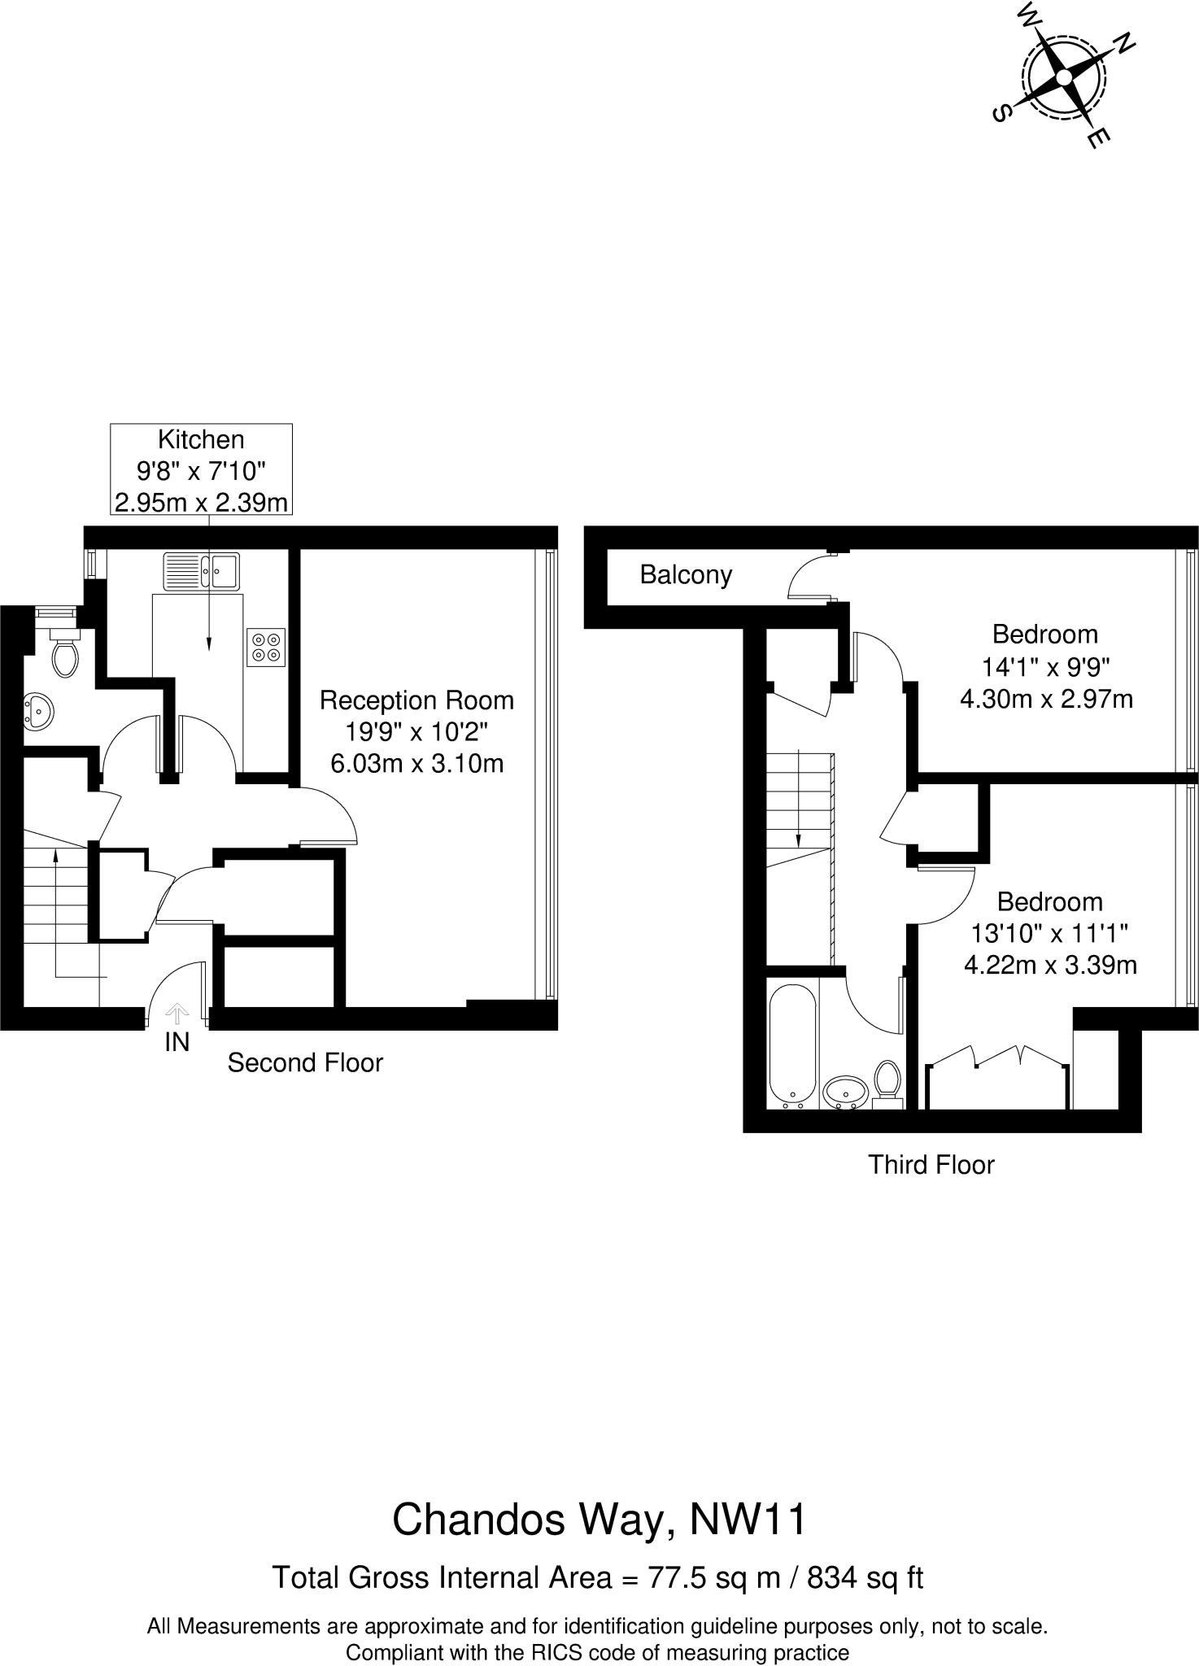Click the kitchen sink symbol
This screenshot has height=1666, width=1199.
201,571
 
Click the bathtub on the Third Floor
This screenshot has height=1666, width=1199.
791,1046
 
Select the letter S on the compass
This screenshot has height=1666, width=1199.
1002,113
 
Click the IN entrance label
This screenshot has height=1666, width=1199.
177,1042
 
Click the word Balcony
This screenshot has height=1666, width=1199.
686,575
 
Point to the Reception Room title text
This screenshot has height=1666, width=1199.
416,700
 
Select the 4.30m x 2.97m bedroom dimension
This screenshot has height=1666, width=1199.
1046,699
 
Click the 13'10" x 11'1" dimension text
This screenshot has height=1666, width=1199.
1049,933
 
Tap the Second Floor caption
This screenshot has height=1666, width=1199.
305,1062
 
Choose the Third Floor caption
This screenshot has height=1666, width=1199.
931,1165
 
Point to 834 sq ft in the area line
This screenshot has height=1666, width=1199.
865,1577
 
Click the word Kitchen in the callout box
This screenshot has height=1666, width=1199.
201,440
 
